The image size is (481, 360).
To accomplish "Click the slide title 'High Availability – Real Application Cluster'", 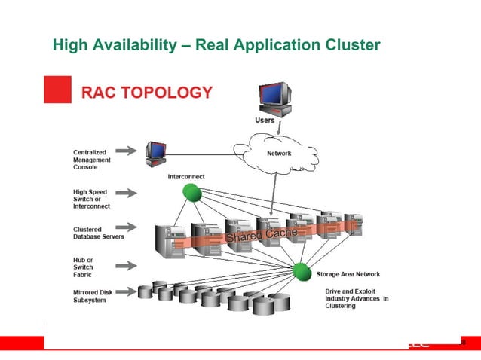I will (x=216, y=46).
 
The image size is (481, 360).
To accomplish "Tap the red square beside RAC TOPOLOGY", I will (x=57, y=90).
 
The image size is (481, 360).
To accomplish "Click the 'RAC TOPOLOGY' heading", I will (x=147, y=93).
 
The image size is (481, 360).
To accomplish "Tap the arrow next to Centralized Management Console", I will (x=126, y=150).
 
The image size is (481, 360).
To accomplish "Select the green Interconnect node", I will (x=192, y=193).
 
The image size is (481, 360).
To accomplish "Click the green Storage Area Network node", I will (x=302, y=271).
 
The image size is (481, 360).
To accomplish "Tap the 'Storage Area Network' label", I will (x=348, y=274).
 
